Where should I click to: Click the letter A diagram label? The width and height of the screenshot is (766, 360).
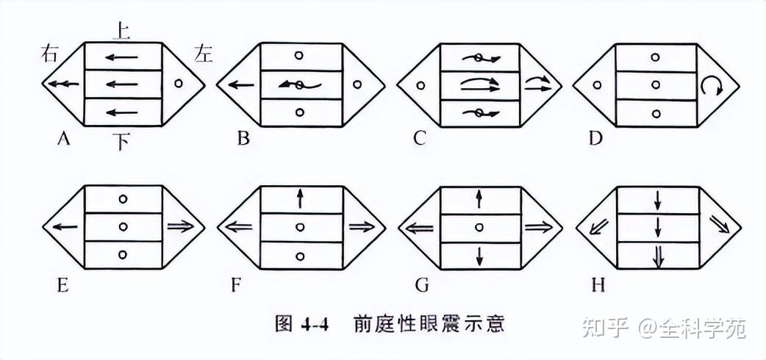pos(63,137)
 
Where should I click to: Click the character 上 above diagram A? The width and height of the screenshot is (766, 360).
pos(121,30)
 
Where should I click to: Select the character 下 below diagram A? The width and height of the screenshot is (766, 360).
pos(122,141)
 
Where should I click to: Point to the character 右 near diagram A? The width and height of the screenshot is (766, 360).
pos(51,54)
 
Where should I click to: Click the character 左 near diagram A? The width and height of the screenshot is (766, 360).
pos(203,53)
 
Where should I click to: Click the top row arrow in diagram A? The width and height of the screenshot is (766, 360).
pos(123,57)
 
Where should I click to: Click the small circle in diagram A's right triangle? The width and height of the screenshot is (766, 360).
pos(179,84)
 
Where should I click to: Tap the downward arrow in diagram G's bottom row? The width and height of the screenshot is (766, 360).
pos(479,256)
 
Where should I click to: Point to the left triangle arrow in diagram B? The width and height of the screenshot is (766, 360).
pos(240,84)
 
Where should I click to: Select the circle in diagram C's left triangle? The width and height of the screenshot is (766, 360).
pos(420,85)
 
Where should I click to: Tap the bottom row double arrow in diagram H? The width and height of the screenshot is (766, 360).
pos(658,255)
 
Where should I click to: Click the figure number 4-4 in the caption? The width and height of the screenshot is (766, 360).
pos(315,323)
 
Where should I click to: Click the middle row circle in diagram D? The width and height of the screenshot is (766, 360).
pos(656,85)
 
